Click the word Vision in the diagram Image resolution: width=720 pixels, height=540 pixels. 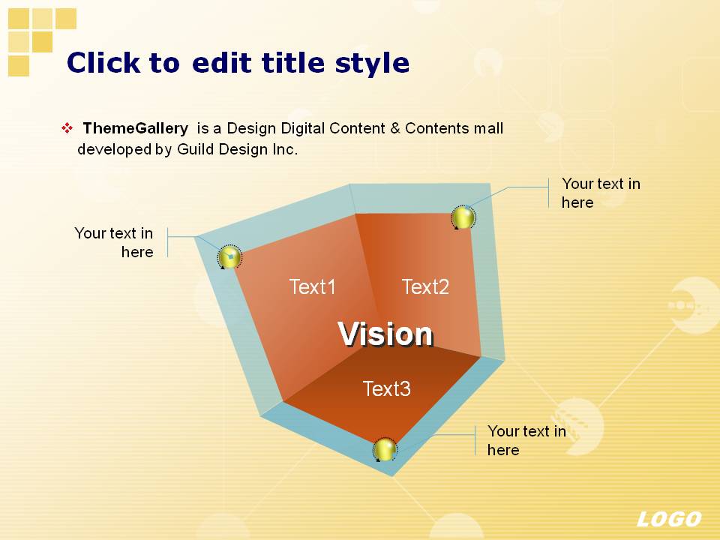coord(385,333)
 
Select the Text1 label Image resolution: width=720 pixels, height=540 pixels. coord(312,286)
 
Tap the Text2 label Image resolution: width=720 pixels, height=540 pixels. coord(425,286)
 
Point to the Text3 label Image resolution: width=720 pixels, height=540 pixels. coord(387,388)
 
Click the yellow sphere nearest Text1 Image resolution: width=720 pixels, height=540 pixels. coord(229,257)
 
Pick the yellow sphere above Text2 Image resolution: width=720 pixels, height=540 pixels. coord(463,217)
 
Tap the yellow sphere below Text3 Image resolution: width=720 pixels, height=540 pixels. coord(385,449)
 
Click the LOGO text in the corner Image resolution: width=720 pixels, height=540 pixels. coord(669,519)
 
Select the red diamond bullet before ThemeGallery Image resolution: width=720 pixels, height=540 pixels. coord(67,128)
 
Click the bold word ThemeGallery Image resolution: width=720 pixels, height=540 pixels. coord(136,128)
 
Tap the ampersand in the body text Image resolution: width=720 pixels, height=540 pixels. coord(395,128)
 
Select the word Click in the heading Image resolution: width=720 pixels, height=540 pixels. coord(103,62)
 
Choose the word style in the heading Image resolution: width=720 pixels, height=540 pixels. coord(372,63)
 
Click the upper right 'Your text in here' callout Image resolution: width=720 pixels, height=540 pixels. coord(601,193)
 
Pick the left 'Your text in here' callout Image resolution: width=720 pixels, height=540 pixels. coord(114,242)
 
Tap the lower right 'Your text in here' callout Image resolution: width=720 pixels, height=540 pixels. coord(526,440)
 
